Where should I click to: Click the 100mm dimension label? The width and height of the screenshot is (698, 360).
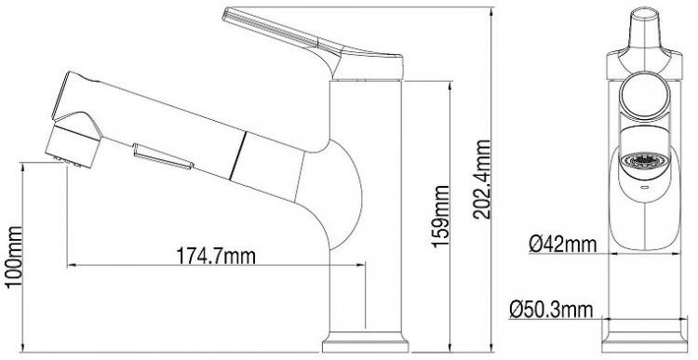13,258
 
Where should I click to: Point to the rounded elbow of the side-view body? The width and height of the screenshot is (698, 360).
349,195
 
